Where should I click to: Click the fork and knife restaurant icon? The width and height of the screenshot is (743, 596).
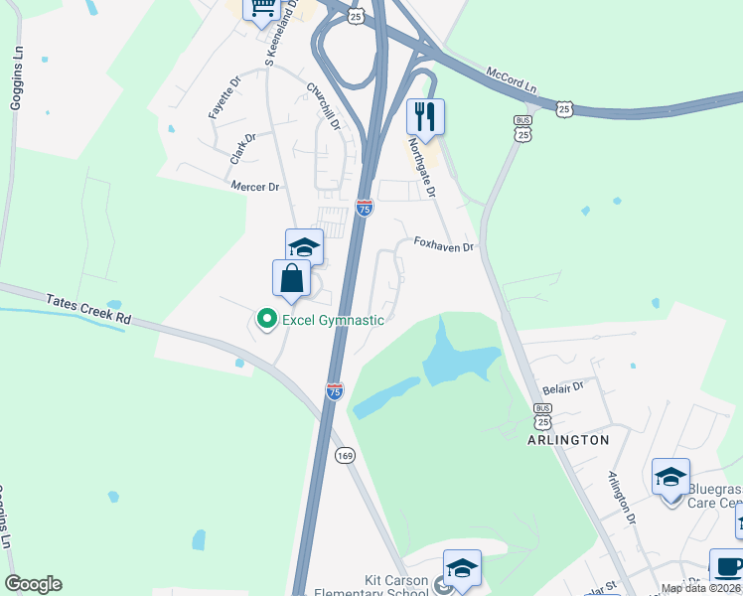point(425,116)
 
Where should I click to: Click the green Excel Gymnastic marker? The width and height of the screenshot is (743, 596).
point(266,319)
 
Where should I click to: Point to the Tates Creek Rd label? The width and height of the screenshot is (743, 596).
point(88,309)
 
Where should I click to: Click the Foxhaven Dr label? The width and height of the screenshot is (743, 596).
point(444,244)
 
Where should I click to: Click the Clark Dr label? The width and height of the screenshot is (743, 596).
point(243,148)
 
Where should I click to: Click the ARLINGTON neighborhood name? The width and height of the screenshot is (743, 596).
point(569,439)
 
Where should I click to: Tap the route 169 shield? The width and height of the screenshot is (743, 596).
point(345,455)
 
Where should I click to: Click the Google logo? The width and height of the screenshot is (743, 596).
point(33,584)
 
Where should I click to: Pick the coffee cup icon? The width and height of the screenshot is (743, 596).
point(727,566)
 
